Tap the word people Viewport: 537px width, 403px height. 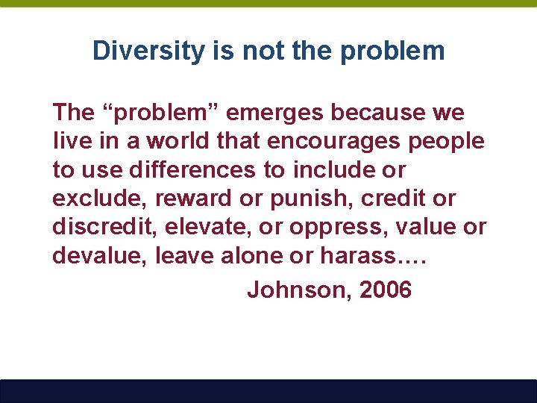(x=449, y=142)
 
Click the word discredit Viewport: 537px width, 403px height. (x=101, y=228)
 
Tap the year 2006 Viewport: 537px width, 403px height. (x=385, y=290)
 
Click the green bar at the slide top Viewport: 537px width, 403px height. (x=268, y=4)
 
